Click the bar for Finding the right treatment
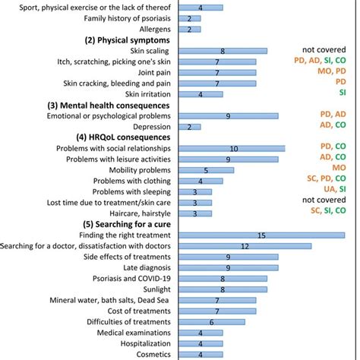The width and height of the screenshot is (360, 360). pos(261,235)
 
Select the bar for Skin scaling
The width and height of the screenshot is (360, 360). pos(222,51)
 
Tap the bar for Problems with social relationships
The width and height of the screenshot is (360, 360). pos(232,149)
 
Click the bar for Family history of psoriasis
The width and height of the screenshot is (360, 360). pos(188,18)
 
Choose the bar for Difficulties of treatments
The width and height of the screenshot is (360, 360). pos(211,322)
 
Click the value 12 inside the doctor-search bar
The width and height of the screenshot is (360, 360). pos(245,246)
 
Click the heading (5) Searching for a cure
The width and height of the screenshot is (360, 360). pos(128,225)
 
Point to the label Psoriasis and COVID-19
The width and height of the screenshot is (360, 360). pos(126,279)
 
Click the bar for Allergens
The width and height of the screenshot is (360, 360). pos(188,29)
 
